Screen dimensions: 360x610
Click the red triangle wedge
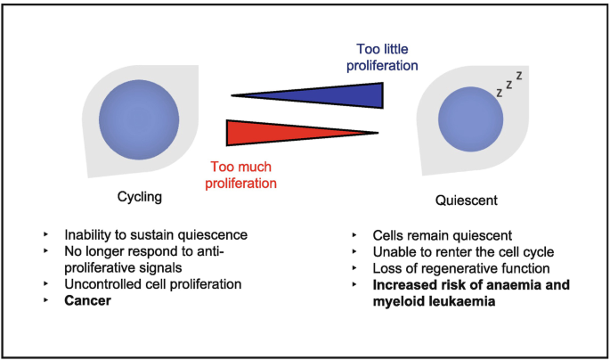pyautogui.click(x=276, y=132)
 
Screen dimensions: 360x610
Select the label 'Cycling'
pyautogui.click(x=138, y=198)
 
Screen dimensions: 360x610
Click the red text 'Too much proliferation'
pyautogui.click(x=243, y=174)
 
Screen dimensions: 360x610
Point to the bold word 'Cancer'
pyautogui.click(x=89, y=303)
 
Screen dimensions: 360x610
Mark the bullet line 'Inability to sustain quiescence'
pyautogui.click(x=155, y=235)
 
